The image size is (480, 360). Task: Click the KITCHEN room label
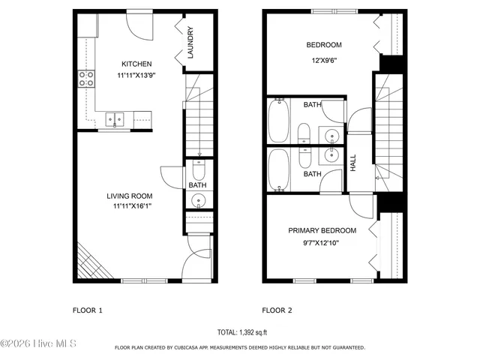coord(137,64)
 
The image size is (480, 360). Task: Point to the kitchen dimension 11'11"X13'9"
coord(137,76)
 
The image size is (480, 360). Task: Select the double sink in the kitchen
coord(115,118)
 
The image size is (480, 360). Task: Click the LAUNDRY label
coord(191,43)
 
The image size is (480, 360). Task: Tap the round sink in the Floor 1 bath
coord(198,200)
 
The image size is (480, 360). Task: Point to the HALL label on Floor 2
coord(353,162)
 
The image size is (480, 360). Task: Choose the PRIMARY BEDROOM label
coord(322,230)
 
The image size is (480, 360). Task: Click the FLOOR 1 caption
coord(87,310)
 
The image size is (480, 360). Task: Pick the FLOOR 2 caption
coord(277,310)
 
